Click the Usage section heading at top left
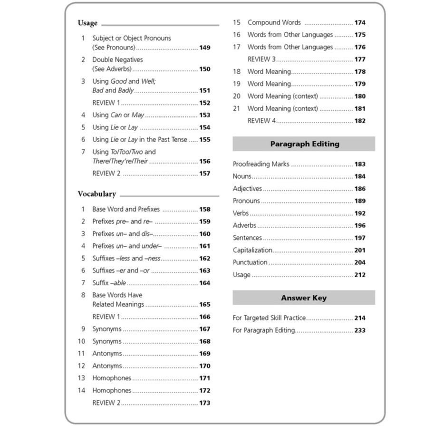pyautogui.click(x=87, y=23)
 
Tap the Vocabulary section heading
pyautogui.click(x=97, y=194)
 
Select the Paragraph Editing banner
pyautogui.click(x=304, y=144)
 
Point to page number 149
pyautogui.click(x=204, y=48)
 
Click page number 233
pyautogui.click(x=360, y=330)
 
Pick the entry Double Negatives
pyautogui.click(x=117, y=59)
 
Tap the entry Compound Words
pyautogui.click(x=274, y=22)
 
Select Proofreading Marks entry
pyautogui.click(x=261, y=164)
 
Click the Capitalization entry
pyautogui.click(x=252, y=250)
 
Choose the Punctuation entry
pyautogui.click(x=250, y=262)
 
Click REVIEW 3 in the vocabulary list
pyautogui.click(x=261, y=59)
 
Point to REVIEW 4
pyautogui.click(x=261, y=121)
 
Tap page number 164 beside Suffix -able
pyautogui.click(x=204, y=283)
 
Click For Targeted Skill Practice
pyautogui.click(x=269, y=318)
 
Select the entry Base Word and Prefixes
pyautogui.click(x=126, y=209)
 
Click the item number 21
pyautogui.click(x=237, y=108)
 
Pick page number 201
pyautogui.click(x=360, y=250)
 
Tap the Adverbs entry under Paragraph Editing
pyautogui.click(x=244, y=225)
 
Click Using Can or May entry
pyautogui.click(x=118, y=115)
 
